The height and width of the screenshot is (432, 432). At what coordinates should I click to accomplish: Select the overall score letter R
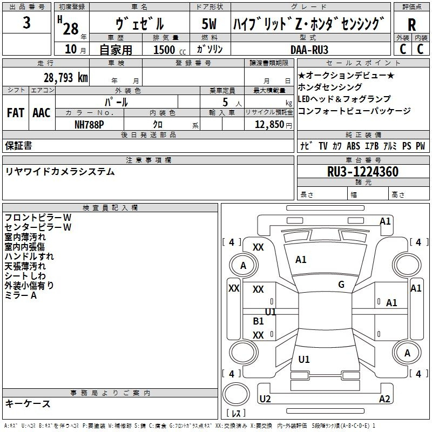click(412, 25)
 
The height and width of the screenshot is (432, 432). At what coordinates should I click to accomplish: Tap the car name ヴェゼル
click(140, 24)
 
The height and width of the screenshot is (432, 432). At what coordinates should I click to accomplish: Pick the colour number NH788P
click(89, 124)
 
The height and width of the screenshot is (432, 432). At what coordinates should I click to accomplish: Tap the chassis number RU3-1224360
click(363, 172)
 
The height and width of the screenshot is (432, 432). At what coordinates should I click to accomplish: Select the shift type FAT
click(15, 113)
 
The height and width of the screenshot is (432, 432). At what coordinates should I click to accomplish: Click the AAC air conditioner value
click(41, 113)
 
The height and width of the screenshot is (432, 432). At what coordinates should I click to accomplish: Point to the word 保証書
click(18, 145)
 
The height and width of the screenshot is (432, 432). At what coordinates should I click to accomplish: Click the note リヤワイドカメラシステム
click(60, 172)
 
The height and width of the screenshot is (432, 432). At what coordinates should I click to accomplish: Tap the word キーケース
click(28, 403)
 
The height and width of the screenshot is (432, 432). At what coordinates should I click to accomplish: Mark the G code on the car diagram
click(341, 284)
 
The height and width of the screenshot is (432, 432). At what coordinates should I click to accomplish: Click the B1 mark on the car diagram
click(259, 321)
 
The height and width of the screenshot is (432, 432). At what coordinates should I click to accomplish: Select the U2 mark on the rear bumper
click(265, 399)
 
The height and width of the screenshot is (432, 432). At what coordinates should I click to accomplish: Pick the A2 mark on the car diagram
click(384, 399)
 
